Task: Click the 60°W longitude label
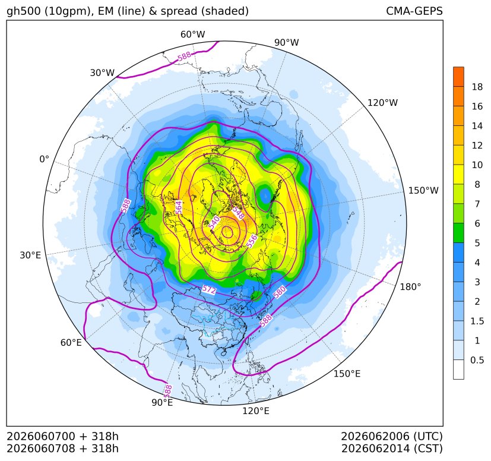(x=192, y=34)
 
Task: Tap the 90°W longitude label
(x=287, y=42)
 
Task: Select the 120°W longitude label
(x=383, y=103)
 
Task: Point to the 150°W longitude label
(x=423, y=190)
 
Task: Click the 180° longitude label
(x=410, y=287)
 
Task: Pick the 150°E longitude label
(x=347, y=374)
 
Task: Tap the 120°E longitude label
(x=256, y=411)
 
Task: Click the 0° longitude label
(x=44, y=159)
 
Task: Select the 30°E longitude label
(x=30, y=255)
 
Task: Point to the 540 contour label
(x=214, y=223)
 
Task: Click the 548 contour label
(x=238, y=213)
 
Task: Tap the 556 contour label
(x=252, y=241)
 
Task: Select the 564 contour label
(x=178, y=207)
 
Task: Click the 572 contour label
(x=209, y=289)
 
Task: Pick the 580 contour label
(x=280, y=292)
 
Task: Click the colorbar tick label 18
(x=477, y=87)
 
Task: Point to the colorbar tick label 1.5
(x=477, y=321)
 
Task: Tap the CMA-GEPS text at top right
(x=414, y=11)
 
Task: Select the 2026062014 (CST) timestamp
(x=392, y=449)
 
